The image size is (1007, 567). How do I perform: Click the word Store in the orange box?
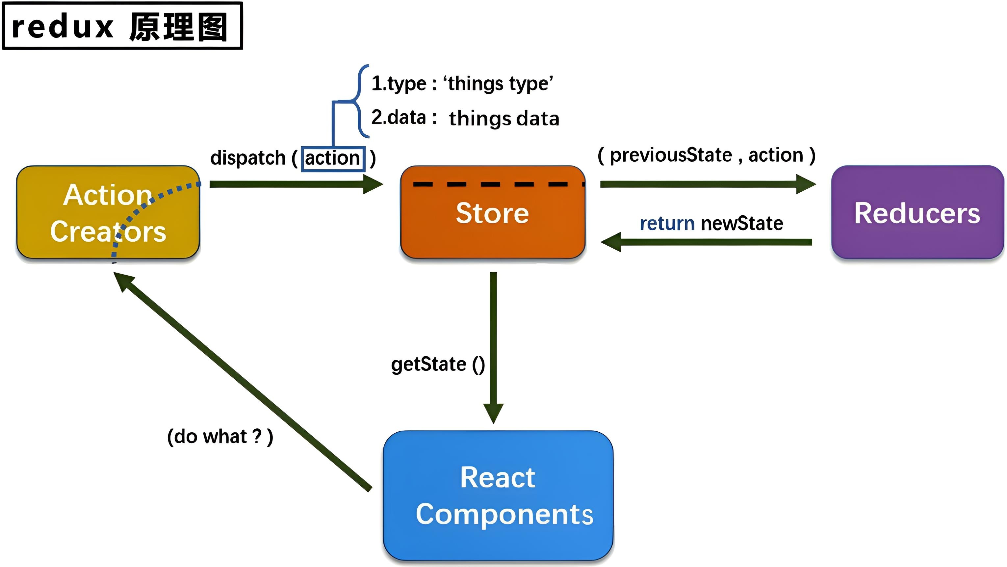(492, 213)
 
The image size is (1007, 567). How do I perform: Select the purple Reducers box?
(917, 213)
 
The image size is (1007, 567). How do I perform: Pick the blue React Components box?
(498, 496)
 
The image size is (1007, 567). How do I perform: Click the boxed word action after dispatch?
(333, 158)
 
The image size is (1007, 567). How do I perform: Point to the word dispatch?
(248, 158)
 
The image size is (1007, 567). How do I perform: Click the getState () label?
(438, 364)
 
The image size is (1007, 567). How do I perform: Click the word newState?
(742, 224)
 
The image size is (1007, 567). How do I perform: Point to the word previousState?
(671, 155)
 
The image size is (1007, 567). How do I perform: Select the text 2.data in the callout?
(398, 117)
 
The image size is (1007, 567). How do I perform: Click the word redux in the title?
(63, 27)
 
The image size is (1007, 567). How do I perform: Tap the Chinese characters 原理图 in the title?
(178, 27)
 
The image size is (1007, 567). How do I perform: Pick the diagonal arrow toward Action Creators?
(242, 381)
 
